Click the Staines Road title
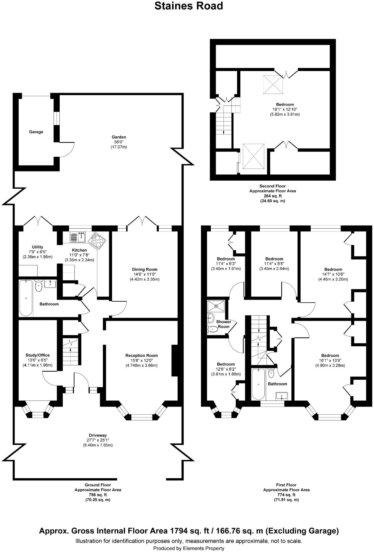click(x=188, y=6)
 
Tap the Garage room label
click(x=36, y=132)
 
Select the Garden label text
click(x=119, y=137)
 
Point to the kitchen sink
click(x=78, y=237)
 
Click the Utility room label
click(x=38, y=247)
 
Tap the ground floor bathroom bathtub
click(x=26, y=298)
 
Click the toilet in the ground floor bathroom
click(x=39, y=286)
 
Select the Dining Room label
click(x=145, y=269)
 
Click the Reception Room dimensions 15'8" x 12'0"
click(x=141, y=360)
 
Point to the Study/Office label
click(x=38, y=355)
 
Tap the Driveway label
click(x=98, y=435)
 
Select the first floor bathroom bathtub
click(x=258, y=384)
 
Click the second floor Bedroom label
click(x=285, y=105)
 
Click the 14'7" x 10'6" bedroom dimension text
click(x=333, y=274)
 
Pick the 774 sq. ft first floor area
click(x=287, y=495)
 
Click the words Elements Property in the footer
click(x=204, y=548)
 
